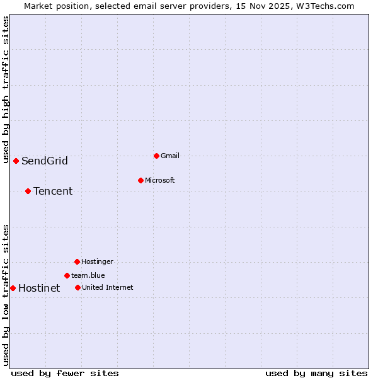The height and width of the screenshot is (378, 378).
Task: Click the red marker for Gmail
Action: click(156, 156)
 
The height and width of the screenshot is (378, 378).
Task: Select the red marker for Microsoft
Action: click(140, 180)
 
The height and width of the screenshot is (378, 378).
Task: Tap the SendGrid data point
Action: click(16, 161)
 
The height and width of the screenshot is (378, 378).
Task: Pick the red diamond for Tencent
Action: click(28, 191)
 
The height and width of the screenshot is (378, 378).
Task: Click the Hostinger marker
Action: click(77, 261)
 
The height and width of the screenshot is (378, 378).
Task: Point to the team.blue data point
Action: click(67, 275)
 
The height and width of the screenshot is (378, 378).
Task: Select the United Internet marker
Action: click(77, 287)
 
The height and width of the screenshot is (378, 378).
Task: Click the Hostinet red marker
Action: click(13, 288)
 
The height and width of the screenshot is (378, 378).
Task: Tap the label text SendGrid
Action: click(45, 161)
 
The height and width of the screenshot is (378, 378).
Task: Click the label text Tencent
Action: click(53, 191)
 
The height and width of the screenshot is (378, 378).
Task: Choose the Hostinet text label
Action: click(39, 288)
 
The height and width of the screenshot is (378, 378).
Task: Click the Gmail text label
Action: click(170, 156)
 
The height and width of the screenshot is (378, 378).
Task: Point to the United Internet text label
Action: click(107, 287)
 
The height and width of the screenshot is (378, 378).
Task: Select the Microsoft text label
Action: click(159, 180)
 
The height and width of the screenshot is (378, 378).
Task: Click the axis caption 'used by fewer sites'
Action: click(65, 373)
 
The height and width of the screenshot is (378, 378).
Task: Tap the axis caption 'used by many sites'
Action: click(316, 373)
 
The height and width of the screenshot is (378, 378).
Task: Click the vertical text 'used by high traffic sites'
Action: click(6, 89)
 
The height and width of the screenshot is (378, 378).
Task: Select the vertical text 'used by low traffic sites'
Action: click(6, 294)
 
